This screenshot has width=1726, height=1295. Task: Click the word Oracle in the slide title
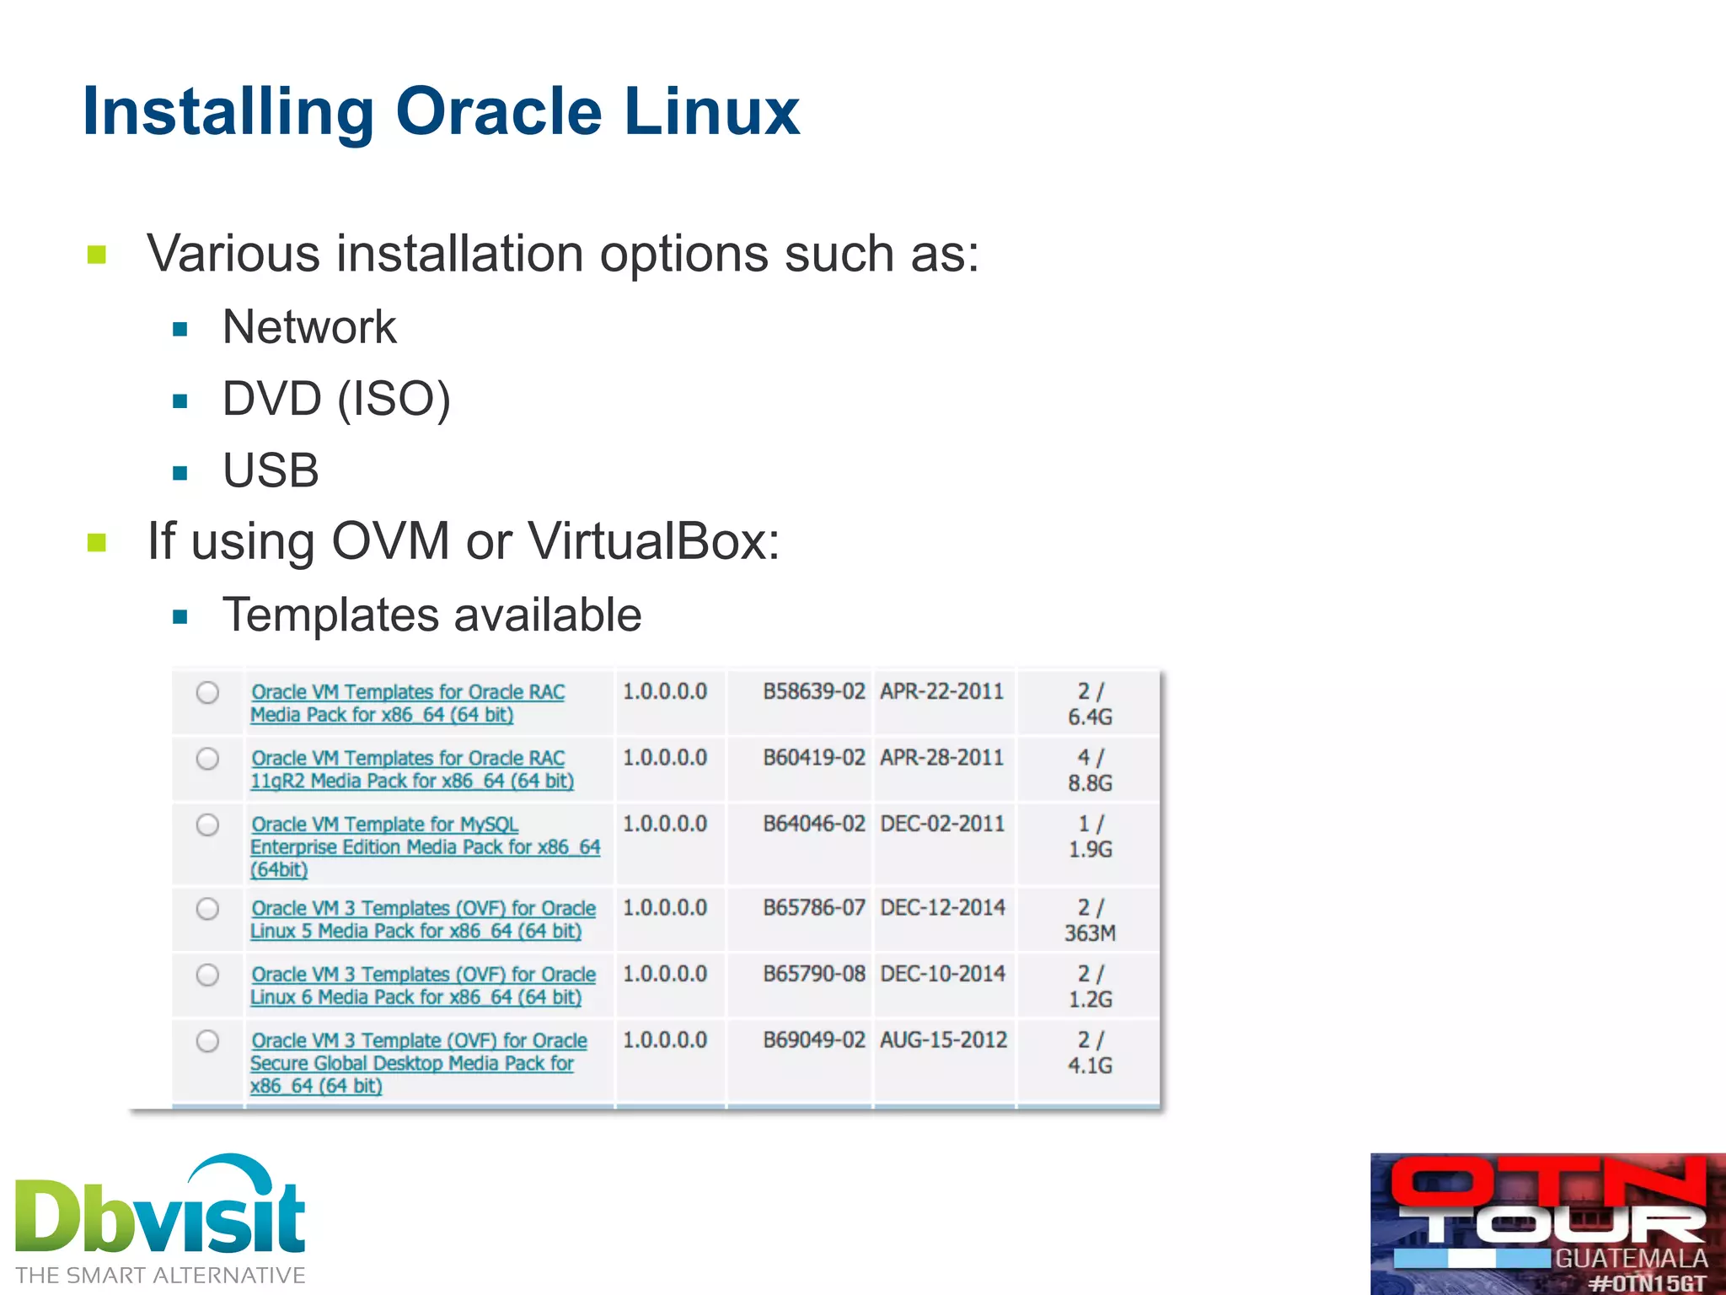(499, 111)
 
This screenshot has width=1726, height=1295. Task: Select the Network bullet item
(308, 327)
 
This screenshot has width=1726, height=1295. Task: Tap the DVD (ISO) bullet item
(336, 399)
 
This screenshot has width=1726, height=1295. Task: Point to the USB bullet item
(271, 470)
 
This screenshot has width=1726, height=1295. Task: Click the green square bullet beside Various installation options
(97, 255)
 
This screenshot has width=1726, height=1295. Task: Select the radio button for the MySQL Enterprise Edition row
(207, 825)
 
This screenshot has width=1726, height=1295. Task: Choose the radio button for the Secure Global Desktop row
(207, 1041)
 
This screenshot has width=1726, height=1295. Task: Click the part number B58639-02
(814, 691)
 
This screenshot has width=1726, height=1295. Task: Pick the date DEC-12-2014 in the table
(942, 907)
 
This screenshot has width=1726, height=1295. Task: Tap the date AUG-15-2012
(943, 1040)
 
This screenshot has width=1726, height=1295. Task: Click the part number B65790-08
(814, 974)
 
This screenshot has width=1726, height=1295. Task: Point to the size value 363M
(1090, 933)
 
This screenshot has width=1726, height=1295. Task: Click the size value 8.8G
(1090, 783)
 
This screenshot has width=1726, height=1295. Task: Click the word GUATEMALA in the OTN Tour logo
(1631, 1259)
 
